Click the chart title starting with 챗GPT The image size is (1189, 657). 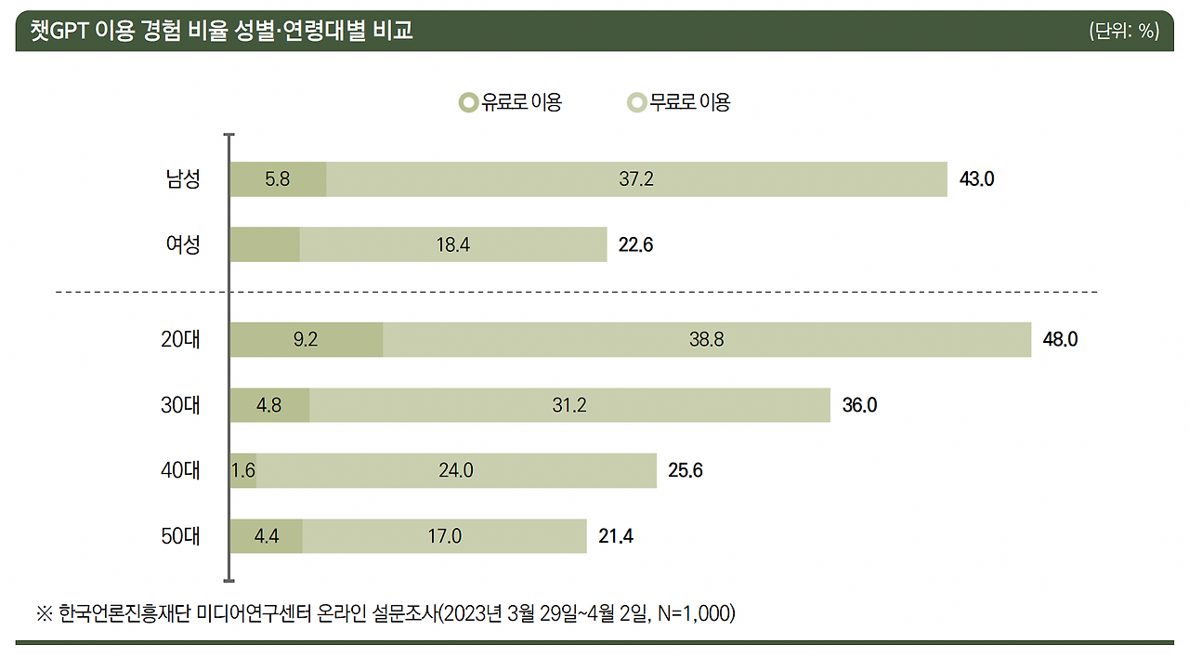pos(221,31)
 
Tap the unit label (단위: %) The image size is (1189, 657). pos(1124,31)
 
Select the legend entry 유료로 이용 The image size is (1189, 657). pos(512,102)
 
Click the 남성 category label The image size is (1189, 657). pos(183,179)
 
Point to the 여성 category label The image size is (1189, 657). pos(183,244)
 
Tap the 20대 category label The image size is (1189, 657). pos(180,340)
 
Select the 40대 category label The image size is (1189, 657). pos(180,470)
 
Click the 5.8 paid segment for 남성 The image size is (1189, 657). pos(278,179)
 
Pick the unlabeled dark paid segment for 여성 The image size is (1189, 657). pos(265,244)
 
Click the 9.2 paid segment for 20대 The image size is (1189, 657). pos(306,340)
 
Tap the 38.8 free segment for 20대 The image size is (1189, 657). pos(707,340)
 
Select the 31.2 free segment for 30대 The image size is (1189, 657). pos(569,405)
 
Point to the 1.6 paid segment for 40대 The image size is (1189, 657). pos(243,470)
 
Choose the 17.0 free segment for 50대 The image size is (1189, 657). pos(444,536)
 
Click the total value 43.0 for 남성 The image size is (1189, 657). pos(976,179)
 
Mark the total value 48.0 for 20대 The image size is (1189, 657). pos(1060,340)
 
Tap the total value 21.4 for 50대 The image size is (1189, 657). pos(616,536)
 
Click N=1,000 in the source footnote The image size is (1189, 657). pos(692,614)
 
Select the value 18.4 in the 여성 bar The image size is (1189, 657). pos(453,244)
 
